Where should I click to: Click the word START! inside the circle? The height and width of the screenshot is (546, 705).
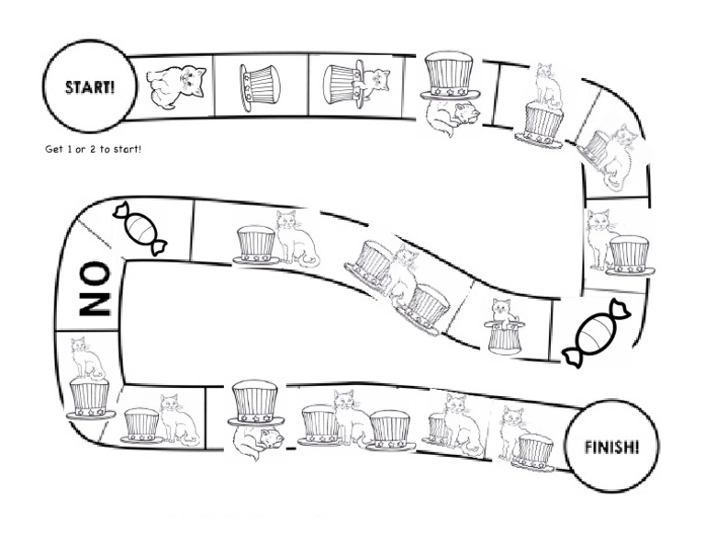pyautogui.click(x=89, y=87)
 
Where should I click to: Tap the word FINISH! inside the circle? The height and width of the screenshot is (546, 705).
pyautogui.click(x=613, y=448)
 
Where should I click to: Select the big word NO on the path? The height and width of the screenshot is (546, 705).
pyautogui.click(x=95, y=289)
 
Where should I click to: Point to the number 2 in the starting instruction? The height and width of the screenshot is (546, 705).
pyautogui.click(x=104, y=148)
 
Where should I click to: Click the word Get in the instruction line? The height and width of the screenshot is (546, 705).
pyautogui.click(x=53, y=148)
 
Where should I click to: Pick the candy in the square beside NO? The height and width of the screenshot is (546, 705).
pyautogui.click(x=140, y=228)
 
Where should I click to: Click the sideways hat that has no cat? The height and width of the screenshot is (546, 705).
pyautogui.click(x=258, y=87)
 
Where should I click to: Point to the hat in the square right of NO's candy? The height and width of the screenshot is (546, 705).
pyautogui.click(x=256, y=244)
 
